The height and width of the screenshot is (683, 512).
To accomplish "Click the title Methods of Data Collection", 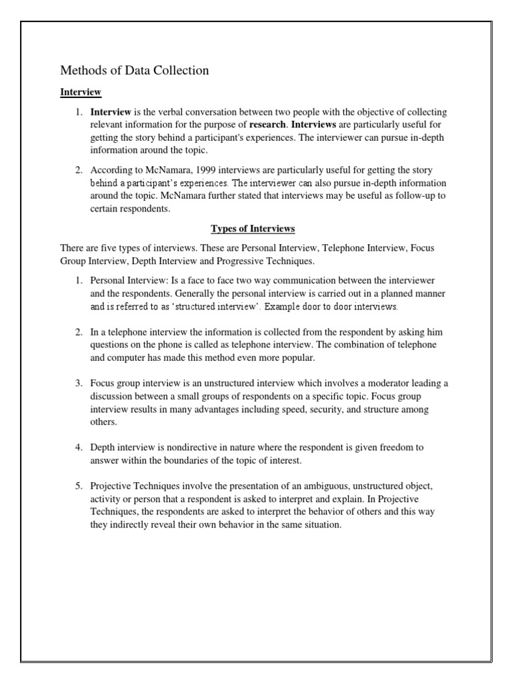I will [x=135, y=70].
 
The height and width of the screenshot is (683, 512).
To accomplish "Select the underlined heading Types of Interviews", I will [x=253, y=229].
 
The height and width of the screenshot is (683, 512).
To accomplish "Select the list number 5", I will [x=78, y=486].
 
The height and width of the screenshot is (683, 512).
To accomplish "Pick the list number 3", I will [x=78, y=383].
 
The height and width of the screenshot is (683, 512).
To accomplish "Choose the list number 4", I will [x=78, y=447].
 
